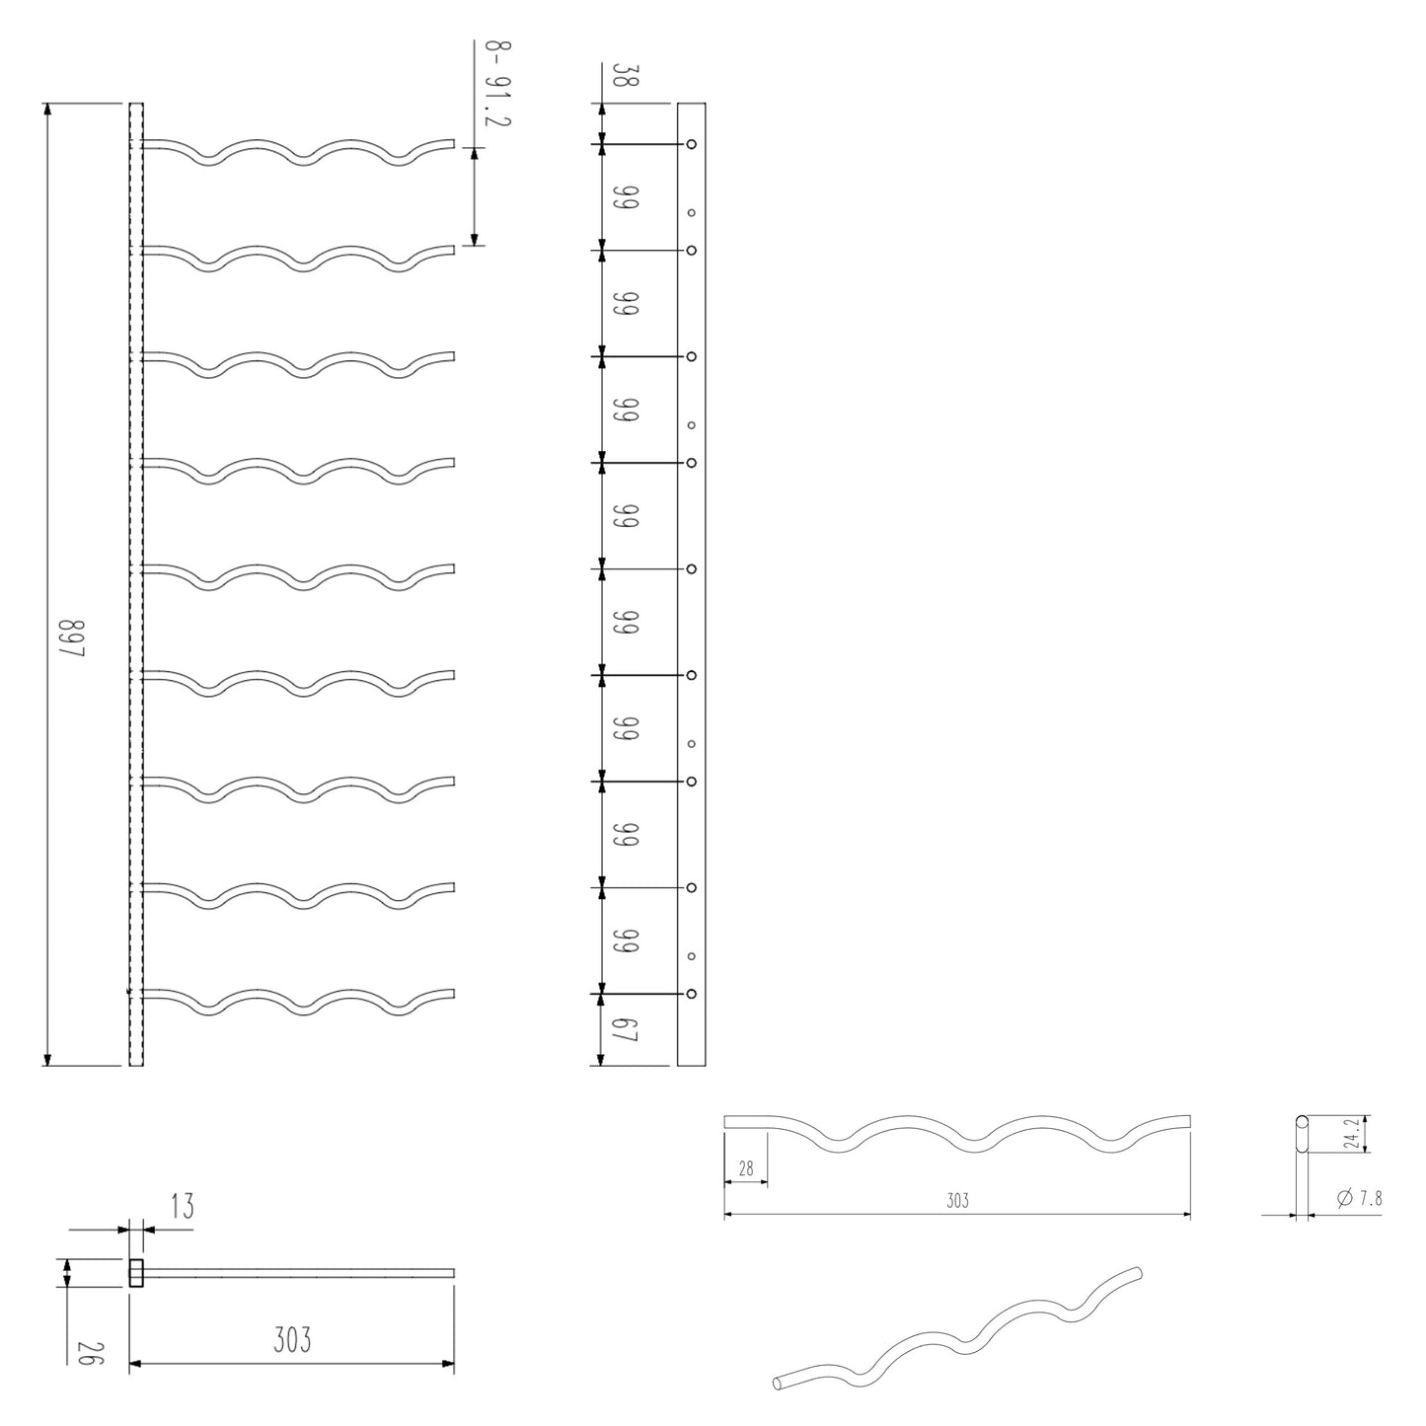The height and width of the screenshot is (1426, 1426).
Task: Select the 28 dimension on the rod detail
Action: (745, 1169)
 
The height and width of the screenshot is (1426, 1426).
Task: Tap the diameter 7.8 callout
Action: (1359, 1199)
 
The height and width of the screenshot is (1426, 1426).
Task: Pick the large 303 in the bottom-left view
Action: (292, 1340)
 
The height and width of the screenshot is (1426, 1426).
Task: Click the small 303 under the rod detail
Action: (957, 1201)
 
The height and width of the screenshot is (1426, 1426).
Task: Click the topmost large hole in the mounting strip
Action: (692, 144)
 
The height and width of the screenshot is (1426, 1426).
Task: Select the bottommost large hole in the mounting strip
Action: (692, 993)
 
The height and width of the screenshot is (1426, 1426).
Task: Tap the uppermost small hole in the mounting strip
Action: (692, 212)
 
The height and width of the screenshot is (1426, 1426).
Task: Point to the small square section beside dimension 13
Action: (136, 1273)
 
